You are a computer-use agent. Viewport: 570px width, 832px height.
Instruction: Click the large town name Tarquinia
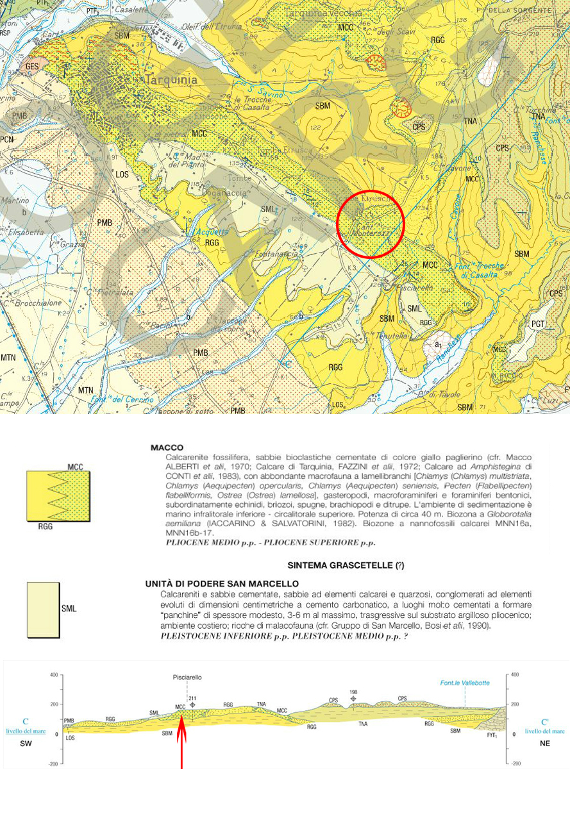coord(171,80)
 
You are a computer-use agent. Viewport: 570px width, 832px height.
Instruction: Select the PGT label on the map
coord(538,324)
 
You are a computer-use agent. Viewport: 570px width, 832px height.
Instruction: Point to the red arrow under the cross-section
coord(181,737)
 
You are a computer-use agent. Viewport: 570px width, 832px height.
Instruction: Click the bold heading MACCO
coord(167,447)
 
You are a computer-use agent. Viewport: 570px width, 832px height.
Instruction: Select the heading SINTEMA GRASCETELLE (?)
coord(346,565)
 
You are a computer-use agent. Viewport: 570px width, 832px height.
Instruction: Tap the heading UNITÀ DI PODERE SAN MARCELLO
coord(222,583)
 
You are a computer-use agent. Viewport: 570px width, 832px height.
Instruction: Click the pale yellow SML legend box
coord(43,610)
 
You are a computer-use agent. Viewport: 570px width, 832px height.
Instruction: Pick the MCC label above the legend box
coord(75,467)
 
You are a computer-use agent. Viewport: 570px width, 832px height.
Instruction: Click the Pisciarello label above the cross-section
coord(187,677)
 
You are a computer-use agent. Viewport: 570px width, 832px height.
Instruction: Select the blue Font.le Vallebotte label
coord(464,683)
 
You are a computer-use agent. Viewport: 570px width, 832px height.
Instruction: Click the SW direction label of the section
coord(25,744)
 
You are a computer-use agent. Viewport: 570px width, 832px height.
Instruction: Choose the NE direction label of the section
coord(545,744)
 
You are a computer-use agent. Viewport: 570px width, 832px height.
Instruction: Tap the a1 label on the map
coord(439,345)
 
